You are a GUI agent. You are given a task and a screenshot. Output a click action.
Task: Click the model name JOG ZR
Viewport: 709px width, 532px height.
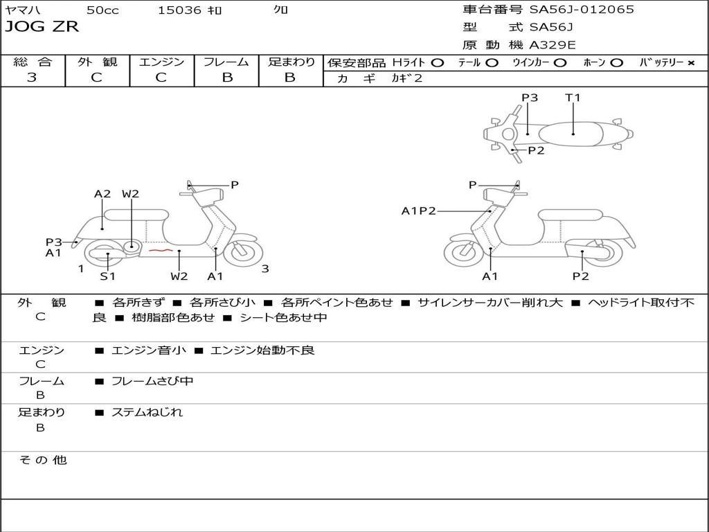[42, 27]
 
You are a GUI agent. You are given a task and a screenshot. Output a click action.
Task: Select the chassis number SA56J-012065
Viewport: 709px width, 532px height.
[582, 10]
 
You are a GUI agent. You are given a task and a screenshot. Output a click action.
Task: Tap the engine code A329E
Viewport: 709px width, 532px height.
[553, 45]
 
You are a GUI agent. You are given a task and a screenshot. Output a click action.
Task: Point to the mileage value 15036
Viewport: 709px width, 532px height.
[179, 10]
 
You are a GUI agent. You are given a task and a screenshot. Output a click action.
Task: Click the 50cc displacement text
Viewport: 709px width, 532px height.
[102, 10]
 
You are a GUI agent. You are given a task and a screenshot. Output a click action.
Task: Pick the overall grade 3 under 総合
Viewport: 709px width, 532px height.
[32, 78]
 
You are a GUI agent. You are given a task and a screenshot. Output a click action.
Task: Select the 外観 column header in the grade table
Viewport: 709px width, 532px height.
[97, 62]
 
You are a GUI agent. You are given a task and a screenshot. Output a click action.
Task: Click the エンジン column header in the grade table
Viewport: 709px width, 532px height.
[161, 62]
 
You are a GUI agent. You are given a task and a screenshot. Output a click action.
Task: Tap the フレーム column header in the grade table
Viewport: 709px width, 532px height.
[226, 62]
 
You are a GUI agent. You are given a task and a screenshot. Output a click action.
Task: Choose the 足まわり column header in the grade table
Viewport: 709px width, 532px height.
[291, 62]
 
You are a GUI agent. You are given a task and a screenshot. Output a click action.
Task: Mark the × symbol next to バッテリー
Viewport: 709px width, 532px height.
[690, 62]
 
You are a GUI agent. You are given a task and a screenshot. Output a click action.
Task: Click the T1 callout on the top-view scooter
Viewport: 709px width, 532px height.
[573, 98]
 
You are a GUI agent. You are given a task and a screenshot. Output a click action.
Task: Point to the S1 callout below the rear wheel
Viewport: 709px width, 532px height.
[107, 276]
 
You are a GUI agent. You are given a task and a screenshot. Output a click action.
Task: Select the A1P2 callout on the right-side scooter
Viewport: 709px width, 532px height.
[418, 211]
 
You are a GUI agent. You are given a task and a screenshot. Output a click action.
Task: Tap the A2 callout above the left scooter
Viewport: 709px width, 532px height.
[102, 194]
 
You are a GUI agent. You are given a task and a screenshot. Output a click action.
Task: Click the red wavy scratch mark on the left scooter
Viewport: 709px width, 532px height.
[160, 249]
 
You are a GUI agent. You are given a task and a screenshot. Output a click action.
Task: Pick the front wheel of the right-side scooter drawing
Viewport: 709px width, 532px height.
[463, 254]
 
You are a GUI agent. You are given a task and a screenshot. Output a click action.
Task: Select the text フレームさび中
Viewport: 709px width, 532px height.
[152, 381]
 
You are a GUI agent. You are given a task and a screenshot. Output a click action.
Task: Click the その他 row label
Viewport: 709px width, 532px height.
[42, 460]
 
